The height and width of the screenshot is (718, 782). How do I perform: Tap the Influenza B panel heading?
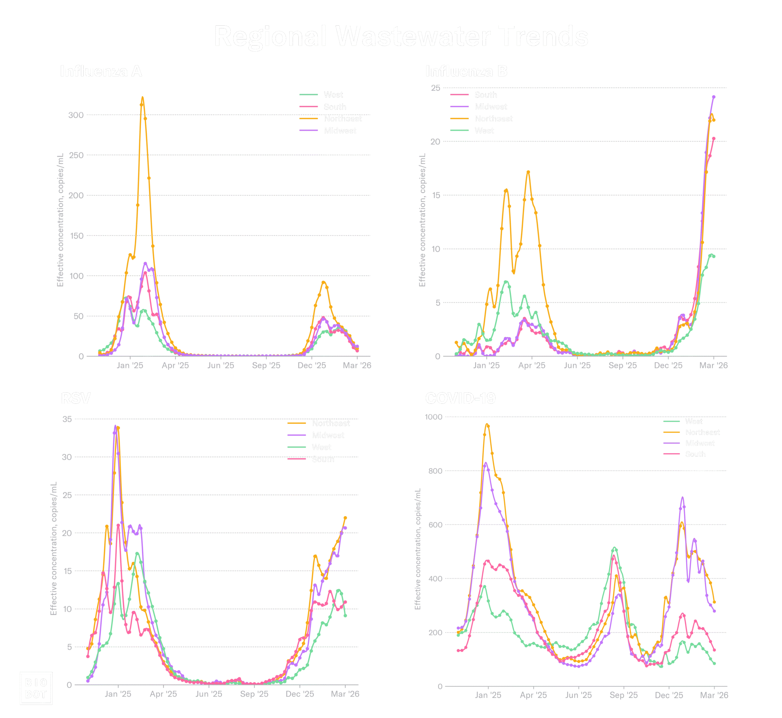[466, 71]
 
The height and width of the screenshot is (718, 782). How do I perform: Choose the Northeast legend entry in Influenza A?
[342, 119]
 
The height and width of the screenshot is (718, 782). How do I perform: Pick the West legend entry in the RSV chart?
[321, 447]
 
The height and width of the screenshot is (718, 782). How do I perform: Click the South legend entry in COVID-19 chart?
[695, 454]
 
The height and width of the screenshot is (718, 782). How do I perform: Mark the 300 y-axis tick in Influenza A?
[76, 115]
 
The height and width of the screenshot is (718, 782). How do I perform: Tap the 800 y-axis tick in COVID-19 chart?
[435, 471]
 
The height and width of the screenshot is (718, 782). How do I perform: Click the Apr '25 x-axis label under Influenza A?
[175, 366]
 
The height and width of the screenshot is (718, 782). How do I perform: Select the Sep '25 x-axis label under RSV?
[254, 694]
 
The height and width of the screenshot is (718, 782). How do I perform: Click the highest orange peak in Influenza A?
[142, 98]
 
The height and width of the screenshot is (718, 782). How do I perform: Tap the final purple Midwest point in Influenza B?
[714, 97]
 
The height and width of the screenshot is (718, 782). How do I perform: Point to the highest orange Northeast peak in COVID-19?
[487, 425]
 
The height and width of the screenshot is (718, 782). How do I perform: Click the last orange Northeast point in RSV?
[345, 518]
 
